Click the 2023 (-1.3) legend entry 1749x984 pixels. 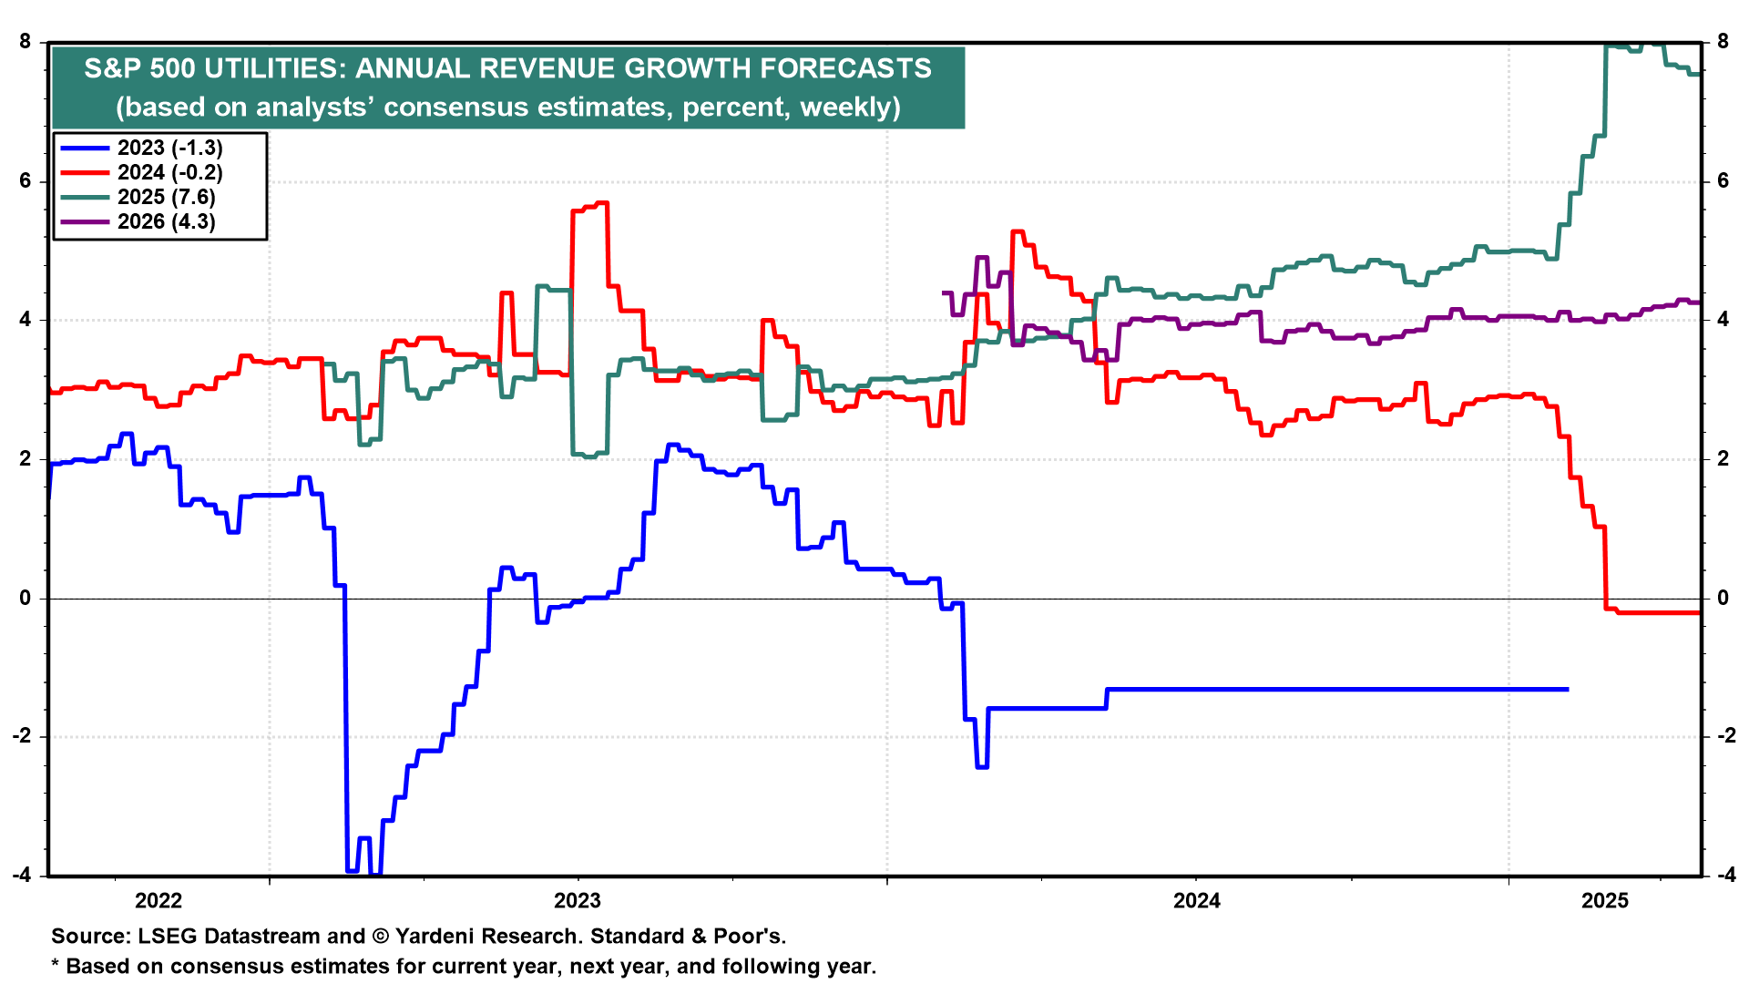pos(169,148)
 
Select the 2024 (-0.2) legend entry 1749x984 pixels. pos(169,172)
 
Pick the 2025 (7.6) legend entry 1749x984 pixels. pos(166,197)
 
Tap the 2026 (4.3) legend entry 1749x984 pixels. pos(166,221)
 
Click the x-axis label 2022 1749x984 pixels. pos(159,901)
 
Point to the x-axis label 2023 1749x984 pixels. pos(578,901)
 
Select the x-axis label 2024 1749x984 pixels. pos(1197,901)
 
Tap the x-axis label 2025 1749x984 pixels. pos(1605,901)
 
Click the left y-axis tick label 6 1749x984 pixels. pos(26,181)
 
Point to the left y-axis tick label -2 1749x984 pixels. pos(22,736)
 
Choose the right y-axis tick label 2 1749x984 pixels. pos(1723,458)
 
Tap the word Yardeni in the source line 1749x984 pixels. pos(435,936)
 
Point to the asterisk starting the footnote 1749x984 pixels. pos(56,964)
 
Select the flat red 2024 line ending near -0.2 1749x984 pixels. pos(1658,612)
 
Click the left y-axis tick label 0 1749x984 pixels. pos(26,598)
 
